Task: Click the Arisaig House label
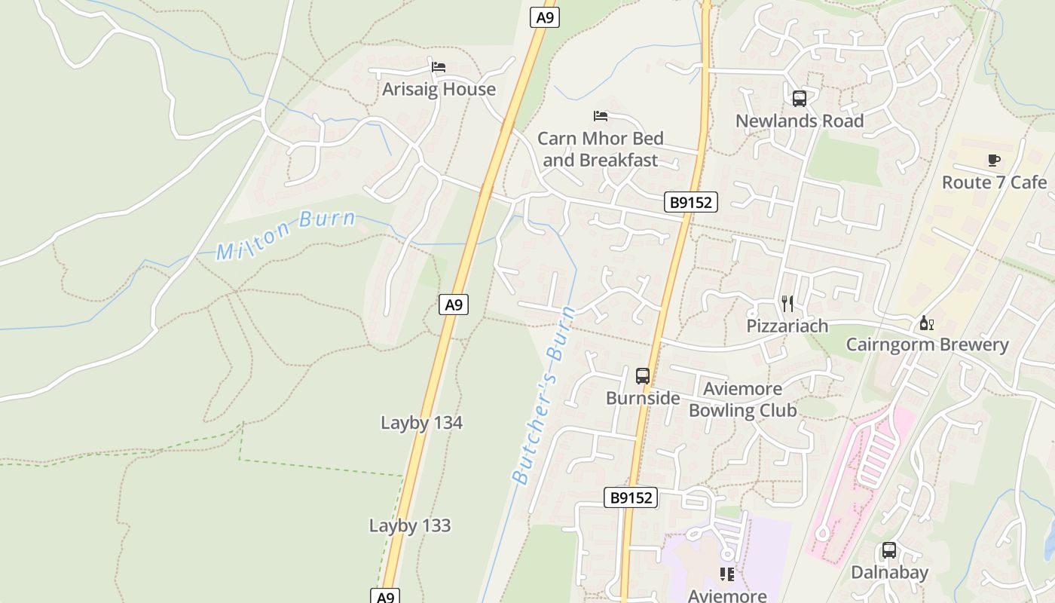pos(439,89)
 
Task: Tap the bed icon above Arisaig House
pos(439,67)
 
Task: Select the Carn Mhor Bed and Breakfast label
pos(601,149)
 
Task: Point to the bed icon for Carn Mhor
pos(601,116)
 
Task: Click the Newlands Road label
pos(799,121)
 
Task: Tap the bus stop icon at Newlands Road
pos(799,99)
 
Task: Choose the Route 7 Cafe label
pos(994,182)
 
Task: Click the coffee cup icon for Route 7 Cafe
pos(994,160)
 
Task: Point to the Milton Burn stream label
pos(286,234)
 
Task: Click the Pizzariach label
pos(787,326)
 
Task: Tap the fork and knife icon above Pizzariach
pos(787,304)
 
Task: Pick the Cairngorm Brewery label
pos(927,344)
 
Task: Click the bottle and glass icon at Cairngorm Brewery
pos(927,323)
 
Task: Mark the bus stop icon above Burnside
pos(643,375)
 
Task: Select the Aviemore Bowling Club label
pos(742,399)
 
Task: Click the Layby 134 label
pos(421,423)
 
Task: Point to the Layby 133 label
pos(410,525)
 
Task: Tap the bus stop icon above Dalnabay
pos(889,550)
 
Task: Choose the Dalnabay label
pos(889,572)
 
